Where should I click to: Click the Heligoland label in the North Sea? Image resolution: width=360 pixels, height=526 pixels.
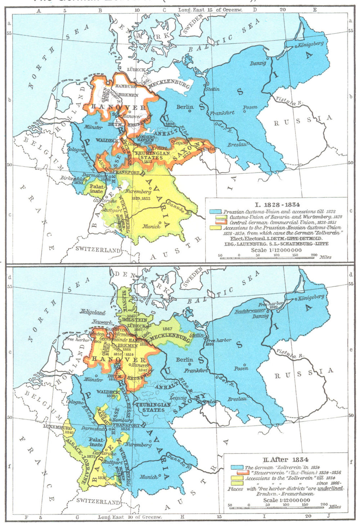coord(93,313)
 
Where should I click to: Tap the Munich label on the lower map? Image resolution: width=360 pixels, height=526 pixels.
coord(148,477)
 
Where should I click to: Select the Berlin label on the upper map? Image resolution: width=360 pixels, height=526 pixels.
coord(185,107)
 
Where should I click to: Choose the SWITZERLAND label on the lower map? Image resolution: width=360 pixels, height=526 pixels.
coord(98,502)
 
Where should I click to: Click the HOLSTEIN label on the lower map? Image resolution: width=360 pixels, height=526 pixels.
coord(134,320)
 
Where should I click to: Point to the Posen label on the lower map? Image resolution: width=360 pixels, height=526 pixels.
coord(241,368)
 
